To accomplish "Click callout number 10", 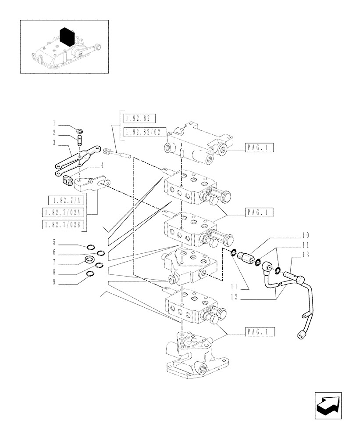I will point(305,235).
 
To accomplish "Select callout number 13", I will point(305,255).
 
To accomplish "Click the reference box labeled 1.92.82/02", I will point(142,131).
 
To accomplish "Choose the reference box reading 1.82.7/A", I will point(65,201).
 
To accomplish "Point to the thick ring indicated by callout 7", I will point(91,260).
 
